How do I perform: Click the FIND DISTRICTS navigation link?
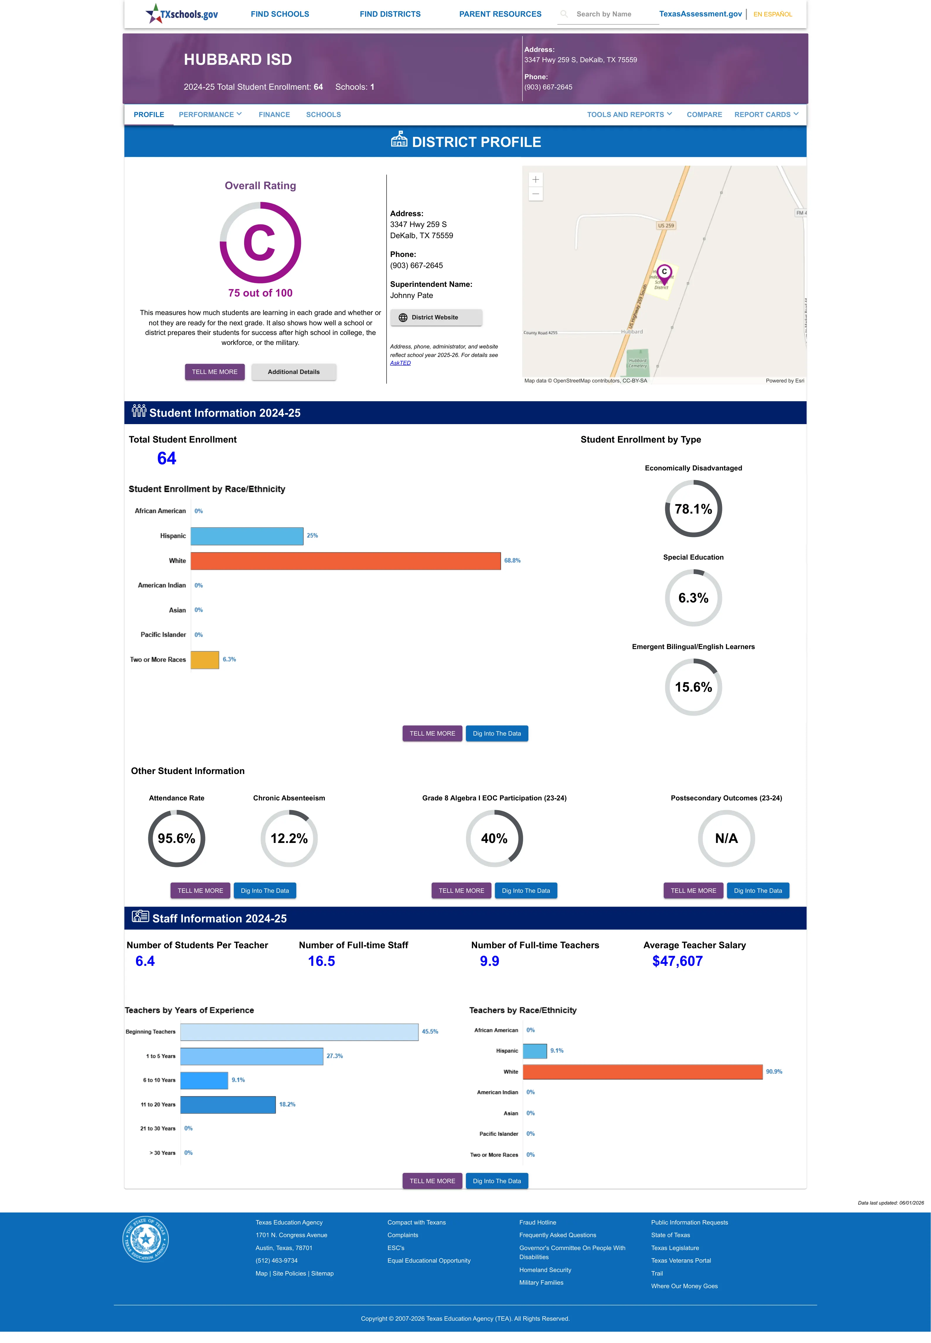[x=390, y=14]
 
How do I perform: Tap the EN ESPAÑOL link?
[x=772, y=14]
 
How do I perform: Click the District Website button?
[x=436, y=318]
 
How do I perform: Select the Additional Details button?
[x=293, y=372]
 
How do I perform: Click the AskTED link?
[x=400, y=363]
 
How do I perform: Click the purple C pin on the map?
[x=664, y=272]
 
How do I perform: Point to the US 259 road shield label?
[x=666, y=225]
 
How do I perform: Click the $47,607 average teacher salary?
[x=677, y=961]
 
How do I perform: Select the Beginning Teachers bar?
[x=299, y=1032]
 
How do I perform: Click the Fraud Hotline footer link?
[x=537, y=1222]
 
